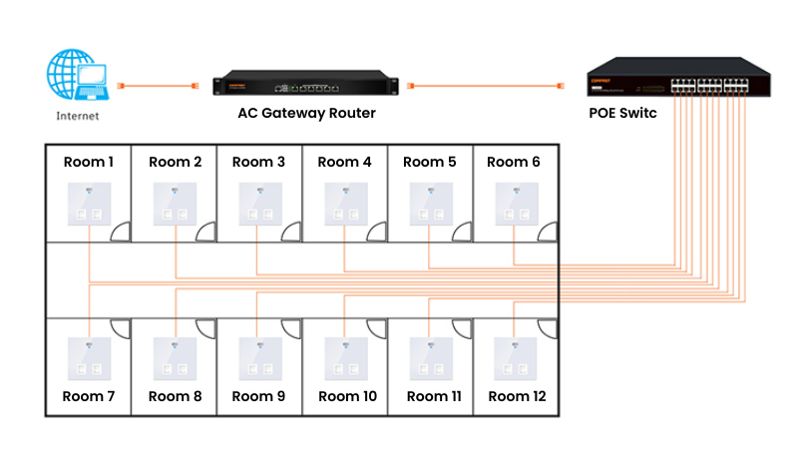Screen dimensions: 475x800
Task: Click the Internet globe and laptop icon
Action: (78, 77)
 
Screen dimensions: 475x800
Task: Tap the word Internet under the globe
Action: (78, 116)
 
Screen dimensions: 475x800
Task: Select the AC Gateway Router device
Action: (305, 87)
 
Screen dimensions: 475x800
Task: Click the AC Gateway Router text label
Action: (306, 113)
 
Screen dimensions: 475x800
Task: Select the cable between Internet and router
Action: (155, 87)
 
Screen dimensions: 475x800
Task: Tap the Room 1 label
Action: (89, 162)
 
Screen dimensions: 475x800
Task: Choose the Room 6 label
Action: (515, 162)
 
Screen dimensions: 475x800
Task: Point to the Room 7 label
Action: (89, 396)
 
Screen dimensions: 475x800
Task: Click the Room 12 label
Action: (516, 396)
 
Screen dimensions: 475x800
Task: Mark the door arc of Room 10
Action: (377, 329)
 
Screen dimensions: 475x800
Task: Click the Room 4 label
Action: (344, 162)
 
